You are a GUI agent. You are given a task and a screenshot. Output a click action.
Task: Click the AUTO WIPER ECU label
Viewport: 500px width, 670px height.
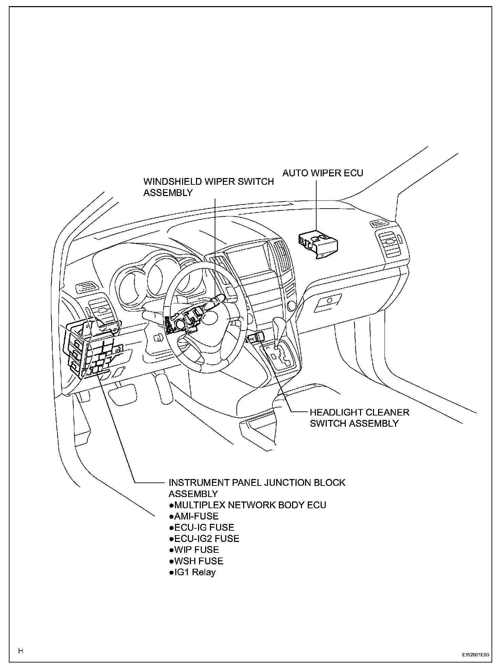(323, 173)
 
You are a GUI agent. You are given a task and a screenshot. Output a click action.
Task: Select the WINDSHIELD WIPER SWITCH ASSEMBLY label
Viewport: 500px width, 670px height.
(208, 187)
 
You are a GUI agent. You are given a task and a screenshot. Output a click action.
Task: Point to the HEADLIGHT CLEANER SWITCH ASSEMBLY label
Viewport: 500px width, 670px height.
(359, 418)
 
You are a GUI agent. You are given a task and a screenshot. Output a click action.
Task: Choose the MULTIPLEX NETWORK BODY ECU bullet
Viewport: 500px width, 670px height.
(248, 505)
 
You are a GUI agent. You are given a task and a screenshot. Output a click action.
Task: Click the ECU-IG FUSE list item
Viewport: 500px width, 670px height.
(202, 528)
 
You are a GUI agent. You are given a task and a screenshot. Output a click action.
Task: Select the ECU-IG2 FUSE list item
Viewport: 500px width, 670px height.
(204, 539)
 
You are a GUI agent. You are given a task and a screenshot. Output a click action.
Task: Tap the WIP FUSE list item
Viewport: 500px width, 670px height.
(194, 550)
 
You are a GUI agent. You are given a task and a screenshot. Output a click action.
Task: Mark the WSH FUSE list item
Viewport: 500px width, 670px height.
(196, 561)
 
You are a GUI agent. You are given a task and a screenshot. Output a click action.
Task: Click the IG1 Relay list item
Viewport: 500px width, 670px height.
(192, 572)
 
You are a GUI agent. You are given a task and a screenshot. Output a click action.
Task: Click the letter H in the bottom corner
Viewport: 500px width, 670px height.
(21, 651)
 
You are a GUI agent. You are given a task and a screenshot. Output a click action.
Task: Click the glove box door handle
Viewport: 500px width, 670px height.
(328, 301)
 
